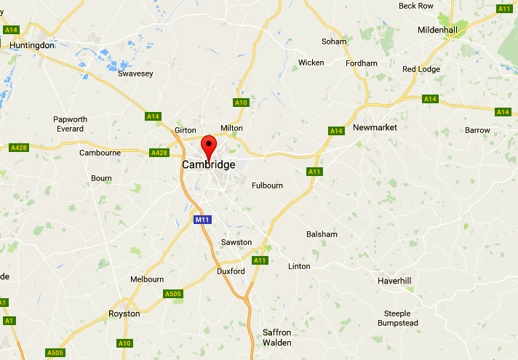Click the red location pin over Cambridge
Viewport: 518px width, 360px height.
pyautogui.click(x=209, y=145)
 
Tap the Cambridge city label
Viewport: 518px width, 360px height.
pyautogui.click(x=209, y=165)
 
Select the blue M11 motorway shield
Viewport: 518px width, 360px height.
pyautogui.click(x=202, y=219)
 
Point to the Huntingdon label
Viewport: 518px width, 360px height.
pyautogui.click(x=32, y=45)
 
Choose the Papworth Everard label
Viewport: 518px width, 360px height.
pyautogui.click(x=70, y=124)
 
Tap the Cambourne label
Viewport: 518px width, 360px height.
pyautogui.click(x=100, y=153)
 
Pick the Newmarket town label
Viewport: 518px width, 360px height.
pyautogui.click(x=375, y=127)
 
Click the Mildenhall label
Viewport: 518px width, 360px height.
pyautogui.click(x=438, y=30)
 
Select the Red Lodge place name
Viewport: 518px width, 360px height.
pyautogui.click(x=421, y=69)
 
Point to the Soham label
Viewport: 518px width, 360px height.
pyautogui.click(x=335, y=41)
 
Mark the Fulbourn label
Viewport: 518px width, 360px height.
pyautogui.click(x=267, y=185)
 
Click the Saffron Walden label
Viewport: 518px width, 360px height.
pyautogui.click(x=277, y=337)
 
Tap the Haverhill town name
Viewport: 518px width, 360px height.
pyautogui.click(x=394, y=281)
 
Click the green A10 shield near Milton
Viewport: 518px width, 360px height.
pyautogui.click(x=241, y=103)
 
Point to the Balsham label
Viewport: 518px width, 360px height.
pyautogui.click(x=322, y=234)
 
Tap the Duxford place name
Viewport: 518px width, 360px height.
pyautogui.click(x=231, y=271)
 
